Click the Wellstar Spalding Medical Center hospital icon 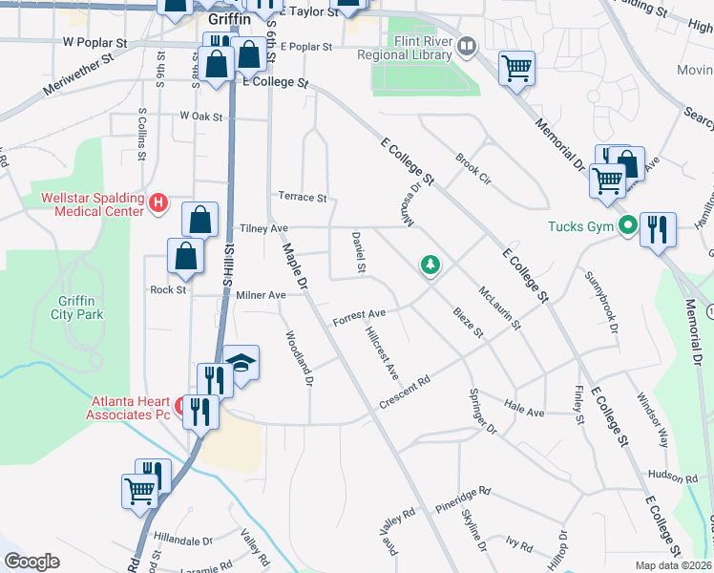(x=159, y=203)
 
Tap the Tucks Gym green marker (x=627, y=226)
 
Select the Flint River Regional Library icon (x=467, y=44)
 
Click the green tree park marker (x=430, y=264)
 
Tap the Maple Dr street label (x=293, y=266)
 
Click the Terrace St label (x=302, y=198)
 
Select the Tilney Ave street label (x=263, y=229)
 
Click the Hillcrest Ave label (x=381, y=353)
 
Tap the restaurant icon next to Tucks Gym (x=659, y=230)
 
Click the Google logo (x=32, y=562)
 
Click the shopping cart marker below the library (x=516, y=69)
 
